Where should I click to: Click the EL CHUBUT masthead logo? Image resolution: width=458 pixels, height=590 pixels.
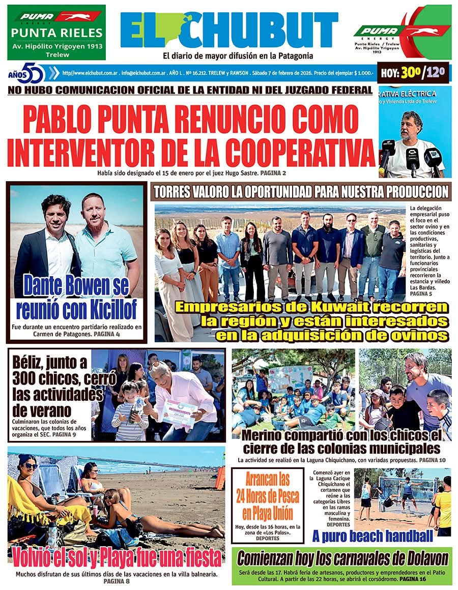[x=229, y=30]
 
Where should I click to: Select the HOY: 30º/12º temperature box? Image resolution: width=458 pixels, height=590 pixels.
[x=413, y=73]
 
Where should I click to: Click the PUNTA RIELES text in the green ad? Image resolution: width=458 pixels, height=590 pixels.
[x=56, y=34]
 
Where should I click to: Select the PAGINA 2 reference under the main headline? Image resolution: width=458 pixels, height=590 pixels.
[x=273, y=173]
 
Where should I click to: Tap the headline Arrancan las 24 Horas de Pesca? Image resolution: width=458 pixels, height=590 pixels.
[x=267, y=496]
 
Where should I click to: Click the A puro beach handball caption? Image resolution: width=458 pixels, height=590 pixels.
[x=373, y=536]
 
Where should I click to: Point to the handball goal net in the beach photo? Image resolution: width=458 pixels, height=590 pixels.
[x=407, y=491]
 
